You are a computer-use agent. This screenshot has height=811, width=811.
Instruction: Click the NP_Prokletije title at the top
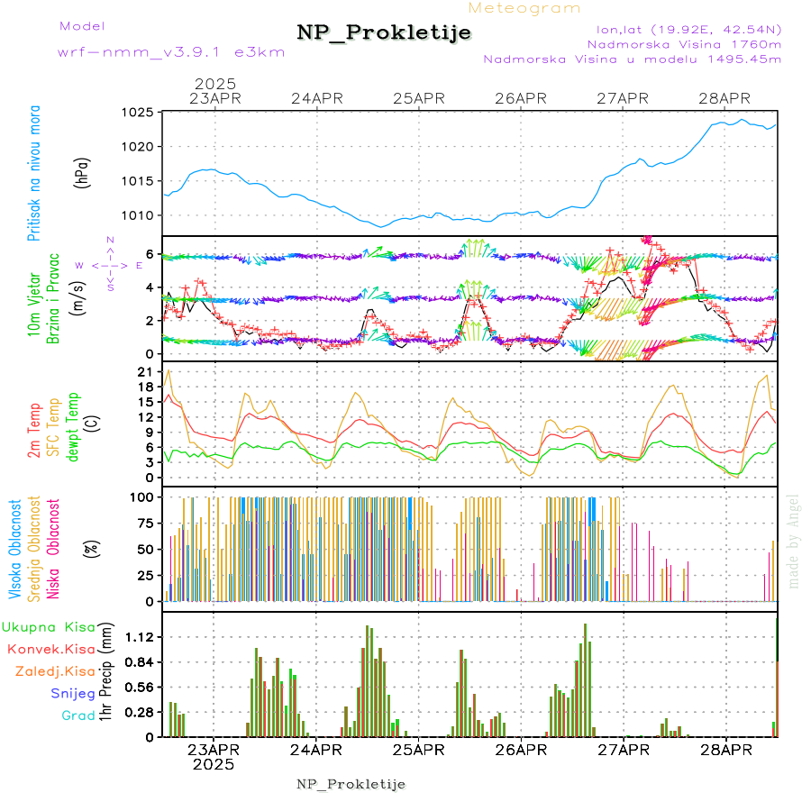[384, 33]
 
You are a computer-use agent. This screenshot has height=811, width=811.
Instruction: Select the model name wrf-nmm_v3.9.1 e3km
[170, 52]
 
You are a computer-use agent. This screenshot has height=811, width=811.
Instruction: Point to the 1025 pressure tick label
[140, 113]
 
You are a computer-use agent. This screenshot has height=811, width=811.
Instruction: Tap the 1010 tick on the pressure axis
[140, 215]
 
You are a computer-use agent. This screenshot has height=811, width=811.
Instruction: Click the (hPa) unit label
[83, 171]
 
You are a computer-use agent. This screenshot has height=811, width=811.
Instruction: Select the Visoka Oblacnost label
[15, 548]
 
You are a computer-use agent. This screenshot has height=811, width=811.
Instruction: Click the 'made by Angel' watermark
[794, 541]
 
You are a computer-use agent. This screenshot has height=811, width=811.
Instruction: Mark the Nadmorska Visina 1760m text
[684, 43]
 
